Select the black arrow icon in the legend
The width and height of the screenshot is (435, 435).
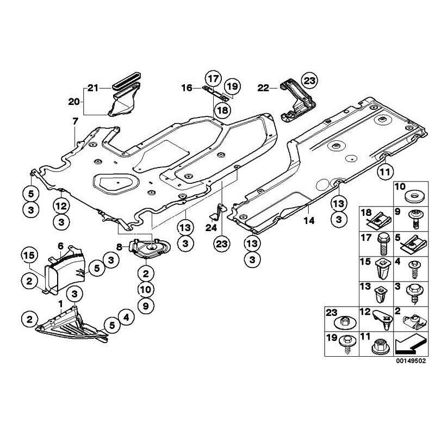click(x=411, y=344)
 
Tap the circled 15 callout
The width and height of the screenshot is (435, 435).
click(x=28, y=254)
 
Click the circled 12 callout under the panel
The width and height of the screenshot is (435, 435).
click(x=61, y=206)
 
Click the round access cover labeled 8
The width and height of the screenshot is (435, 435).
click(x=148, y=250)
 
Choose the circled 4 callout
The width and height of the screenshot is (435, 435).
click(x=126, y=316)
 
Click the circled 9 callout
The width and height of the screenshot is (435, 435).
click(x=145, y=306)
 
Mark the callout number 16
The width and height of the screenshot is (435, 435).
click(x=187, y=87)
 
